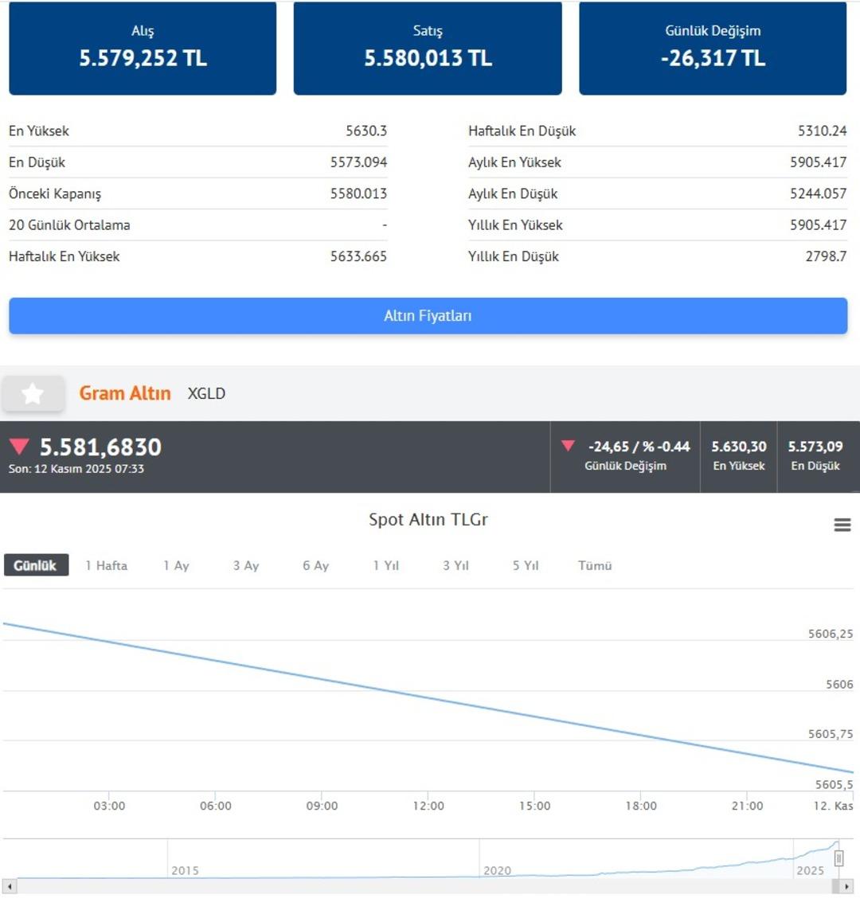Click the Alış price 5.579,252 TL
[143, 58]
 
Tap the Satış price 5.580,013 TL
[428, 58]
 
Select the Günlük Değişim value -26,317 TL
[713, 58]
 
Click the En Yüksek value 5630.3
[366, 131]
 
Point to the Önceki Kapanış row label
[55, 193]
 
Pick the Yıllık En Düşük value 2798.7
[826, 256]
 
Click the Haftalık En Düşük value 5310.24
[822, 131]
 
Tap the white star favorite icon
[33, 393]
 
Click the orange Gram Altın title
[125, 393]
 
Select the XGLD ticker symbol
[206, 393]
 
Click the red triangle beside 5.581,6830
[19, 447]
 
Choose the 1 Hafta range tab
[106, 565]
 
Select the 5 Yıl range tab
[526, 565]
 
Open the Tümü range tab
[595, 565]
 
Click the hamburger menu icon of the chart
[842, 525]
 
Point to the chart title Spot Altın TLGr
[428, 520]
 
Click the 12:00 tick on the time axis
[428, 806]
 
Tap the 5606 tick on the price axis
[839, 684]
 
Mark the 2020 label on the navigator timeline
[497, 870]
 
